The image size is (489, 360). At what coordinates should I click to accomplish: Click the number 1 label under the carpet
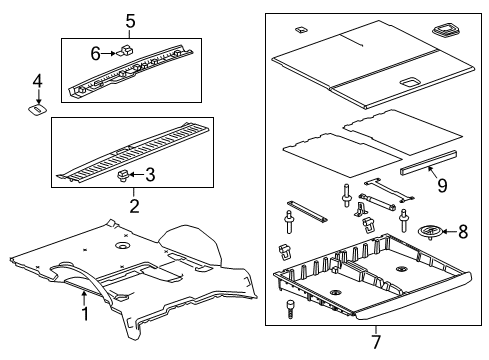84,315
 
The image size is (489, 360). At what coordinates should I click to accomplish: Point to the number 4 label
37,80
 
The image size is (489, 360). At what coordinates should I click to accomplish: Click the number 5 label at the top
130,21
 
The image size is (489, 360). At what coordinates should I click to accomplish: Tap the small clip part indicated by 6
126,49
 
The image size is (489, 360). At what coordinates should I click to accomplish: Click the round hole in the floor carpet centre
122,246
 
